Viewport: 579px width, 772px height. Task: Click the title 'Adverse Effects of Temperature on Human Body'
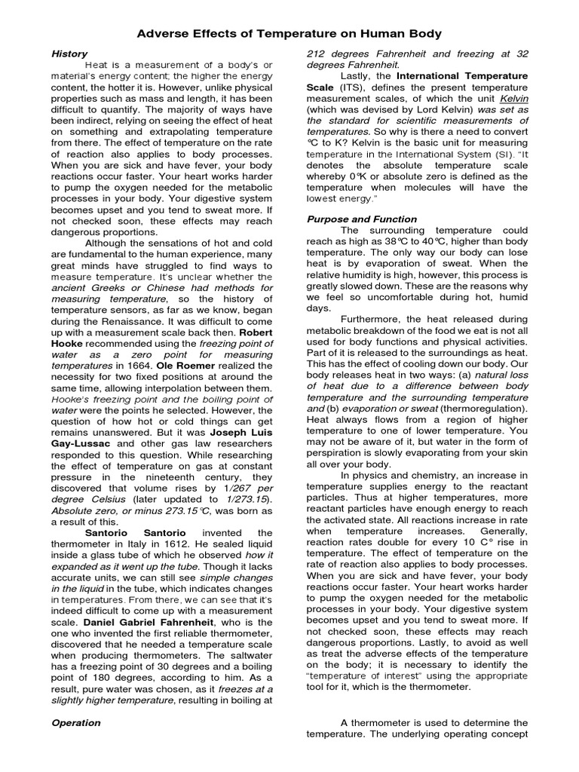pos(289,34)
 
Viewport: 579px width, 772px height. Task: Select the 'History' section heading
pos(69,54)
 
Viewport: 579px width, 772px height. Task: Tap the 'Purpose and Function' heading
pos(360,219)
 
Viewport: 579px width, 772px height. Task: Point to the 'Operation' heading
pos(75,723)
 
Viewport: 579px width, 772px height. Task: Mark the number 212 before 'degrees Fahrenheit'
pos(321,54)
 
